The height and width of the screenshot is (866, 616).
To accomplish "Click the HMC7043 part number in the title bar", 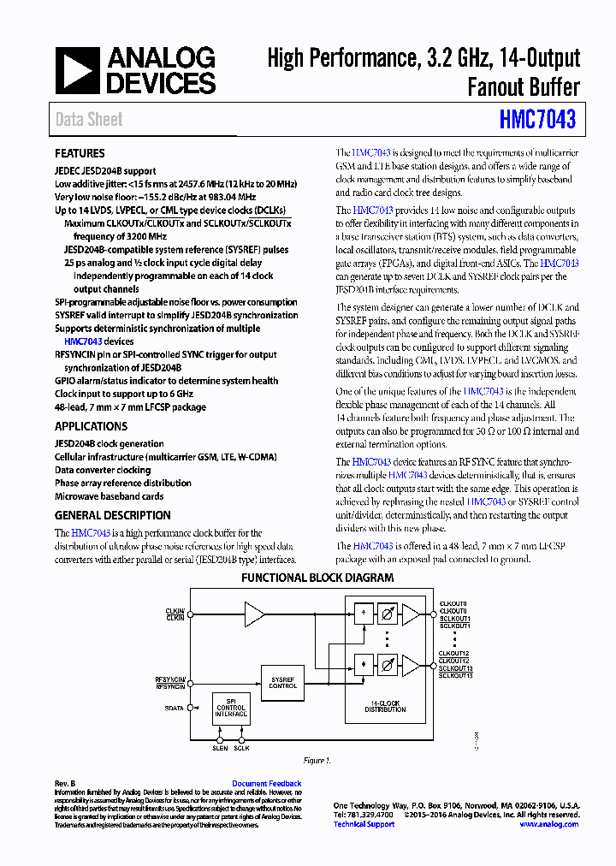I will point(537,120).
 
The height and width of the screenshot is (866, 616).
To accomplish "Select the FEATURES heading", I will point(80,154).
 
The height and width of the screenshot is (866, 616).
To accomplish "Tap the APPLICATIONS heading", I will point(91,426).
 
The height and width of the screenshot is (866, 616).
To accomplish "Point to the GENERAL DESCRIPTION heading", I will point(112,515).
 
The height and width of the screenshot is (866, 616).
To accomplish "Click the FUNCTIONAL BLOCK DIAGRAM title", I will point(317,578).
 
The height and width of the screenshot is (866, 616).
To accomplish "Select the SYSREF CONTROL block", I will point(282,682).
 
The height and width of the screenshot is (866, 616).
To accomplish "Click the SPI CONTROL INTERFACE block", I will point(231,708).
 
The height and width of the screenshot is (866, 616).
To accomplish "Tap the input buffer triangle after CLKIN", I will point(254,614).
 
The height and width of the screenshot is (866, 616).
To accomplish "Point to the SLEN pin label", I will point(221,748).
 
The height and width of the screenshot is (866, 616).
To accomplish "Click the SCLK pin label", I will point(242,748).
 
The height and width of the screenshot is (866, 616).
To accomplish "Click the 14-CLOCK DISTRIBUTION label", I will point(385,706).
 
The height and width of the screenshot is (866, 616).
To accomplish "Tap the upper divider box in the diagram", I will point(364,614).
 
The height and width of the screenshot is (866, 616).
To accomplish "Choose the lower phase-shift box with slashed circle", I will point(387,663).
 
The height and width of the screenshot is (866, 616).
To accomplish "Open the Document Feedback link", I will point(266,784).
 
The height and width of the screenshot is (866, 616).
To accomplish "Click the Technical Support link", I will point(364,824).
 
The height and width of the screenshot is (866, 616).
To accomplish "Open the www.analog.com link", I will point(548,824).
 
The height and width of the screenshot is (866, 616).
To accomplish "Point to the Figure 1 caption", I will point(317,761).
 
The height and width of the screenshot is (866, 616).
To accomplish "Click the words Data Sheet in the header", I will point(89,120).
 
